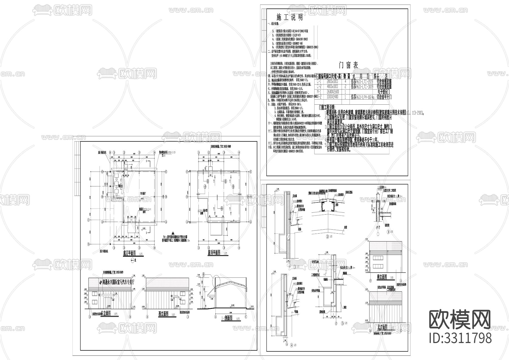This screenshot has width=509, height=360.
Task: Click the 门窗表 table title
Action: (x=348, y=65)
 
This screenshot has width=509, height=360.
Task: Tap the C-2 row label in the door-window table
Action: (x=319, y=87)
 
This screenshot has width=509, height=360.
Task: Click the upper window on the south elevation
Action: (x=377, y=258)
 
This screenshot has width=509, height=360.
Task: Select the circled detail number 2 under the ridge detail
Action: (x=328, y=237)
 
